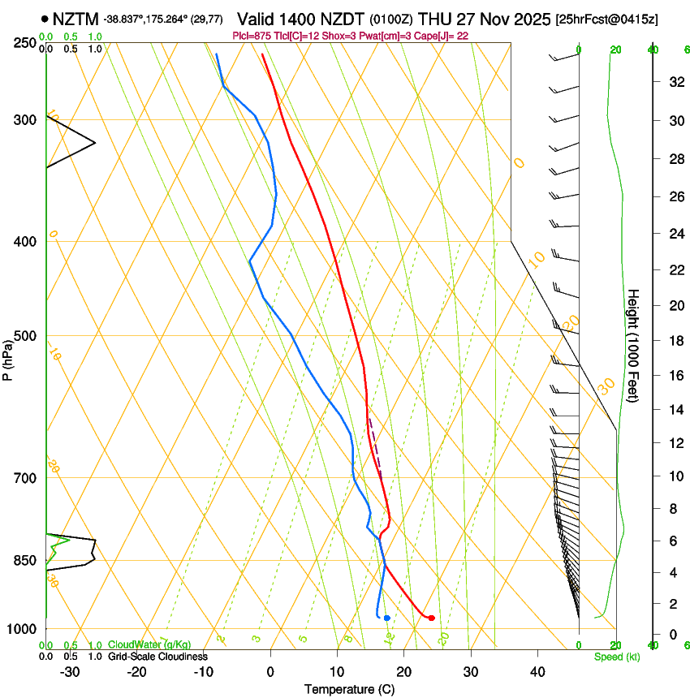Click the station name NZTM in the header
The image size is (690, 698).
76,18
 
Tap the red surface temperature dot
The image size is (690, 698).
431,618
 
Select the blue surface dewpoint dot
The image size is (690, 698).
387,618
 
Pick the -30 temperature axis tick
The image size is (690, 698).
70,672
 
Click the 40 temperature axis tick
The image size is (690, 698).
537,672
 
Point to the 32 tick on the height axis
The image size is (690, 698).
674,82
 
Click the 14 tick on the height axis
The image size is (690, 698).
674,411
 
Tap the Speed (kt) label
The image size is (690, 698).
617,657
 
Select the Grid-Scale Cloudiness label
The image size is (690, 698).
157,656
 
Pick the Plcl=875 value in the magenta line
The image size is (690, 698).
252,36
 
